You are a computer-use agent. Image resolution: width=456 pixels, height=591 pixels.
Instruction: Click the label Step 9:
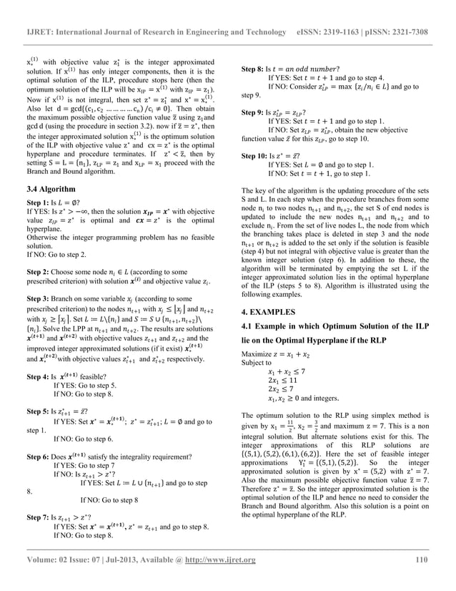tap(255, 112)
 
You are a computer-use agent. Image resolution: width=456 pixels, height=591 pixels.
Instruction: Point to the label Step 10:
tap(257, 156)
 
